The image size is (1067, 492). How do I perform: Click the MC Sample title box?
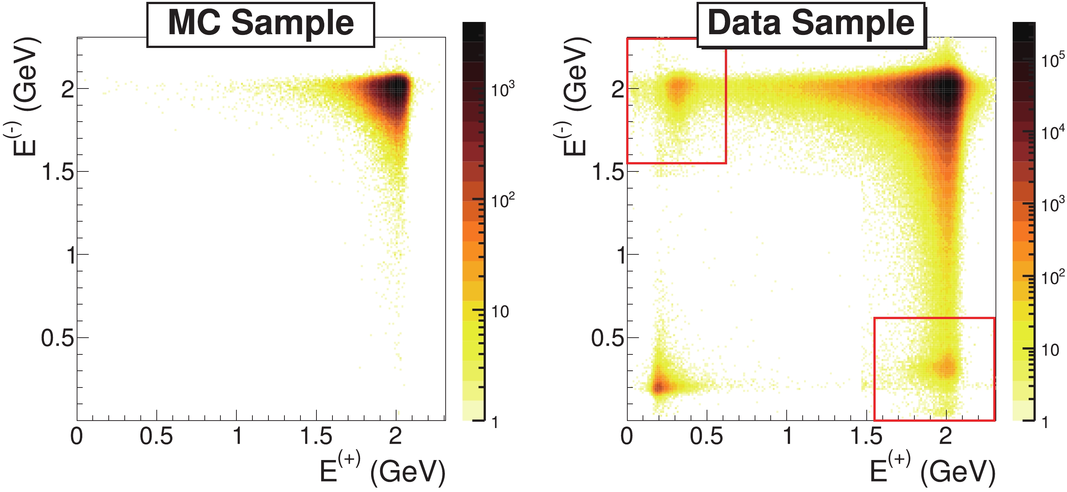coord(261,25)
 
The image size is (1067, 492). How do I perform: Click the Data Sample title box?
coord(811,25)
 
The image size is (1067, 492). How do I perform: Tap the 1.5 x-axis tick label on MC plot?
coord(316,437)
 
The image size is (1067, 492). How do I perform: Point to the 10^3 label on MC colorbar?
coord(503,89)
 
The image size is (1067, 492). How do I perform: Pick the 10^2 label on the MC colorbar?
coord(503,200)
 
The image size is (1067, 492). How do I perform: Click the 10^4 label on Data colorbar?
coord(1052,133)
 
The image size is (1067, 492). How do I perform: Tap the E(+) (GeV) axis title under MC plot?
coord(382,471)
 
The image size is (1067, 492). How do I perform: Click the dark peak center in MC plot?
coord(396,88)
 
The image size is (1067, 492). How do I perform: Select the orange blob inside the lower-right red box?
coord(946,366)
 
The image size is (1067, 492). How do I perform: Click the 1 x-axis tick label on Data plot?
coord(787,437)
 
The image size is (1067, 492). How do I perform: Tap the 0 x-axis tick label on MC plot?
coord(77,437)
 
